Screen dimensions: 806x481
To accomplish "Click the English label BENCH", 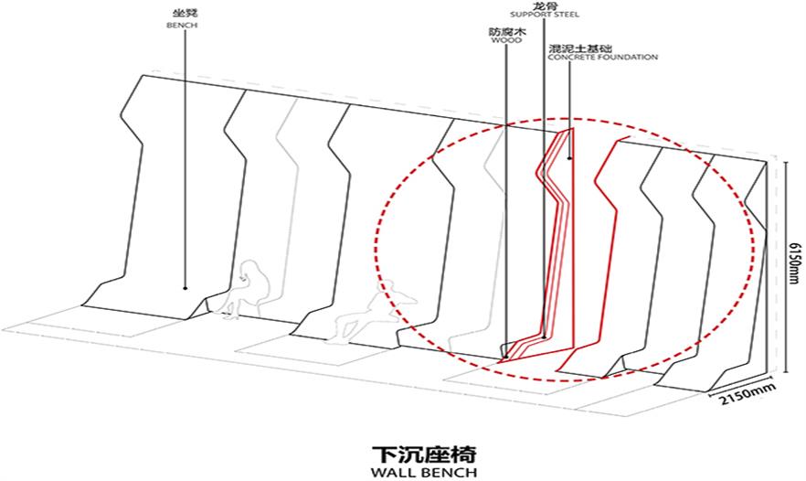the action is coord(182,26).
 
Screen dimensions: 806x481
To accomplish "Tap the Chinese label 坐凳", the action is coord(182,13).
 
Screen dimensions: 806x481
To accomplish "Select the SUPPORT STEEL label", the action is coord(544,15).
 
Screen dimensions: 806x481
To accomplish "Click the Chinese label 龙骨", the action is coord(544,6).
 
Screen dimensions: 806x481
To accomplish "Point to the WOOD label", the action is coord(506,40).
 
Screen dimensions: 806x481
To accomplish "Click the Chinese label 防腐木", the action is coord(507,31).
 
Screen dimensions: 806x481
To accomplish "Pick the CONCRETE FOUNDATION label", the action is coord(602,57).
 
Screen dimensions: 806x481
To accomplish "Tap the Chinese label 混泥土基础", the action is coord(580,48).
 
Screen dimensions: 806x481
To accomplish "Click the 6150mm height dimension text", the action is coord(795,269).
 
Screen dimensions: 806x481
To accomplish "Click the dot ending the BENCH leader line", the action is coord(185,288).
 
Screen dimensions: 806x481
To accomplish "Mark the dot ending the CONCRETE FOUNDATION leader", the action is coord(569,158).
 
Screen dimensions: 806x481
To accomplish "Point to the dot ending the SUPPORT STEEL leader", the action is coord(545,337).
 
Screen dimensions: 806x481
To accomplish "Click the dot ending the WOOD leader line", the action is coord(506,356).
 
